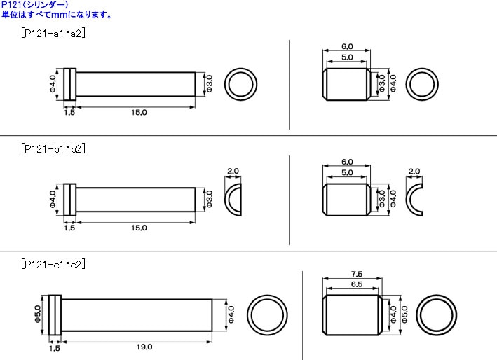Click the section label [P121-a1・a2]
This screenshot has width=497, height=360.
(x=53, y=34)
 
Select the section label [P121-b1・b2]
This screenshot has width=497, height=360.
(x=53, y=148)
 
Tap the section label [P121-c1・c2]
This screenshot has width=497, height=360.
(x=53, y=264)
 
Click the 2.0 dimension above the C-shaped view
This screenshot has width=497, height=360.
(x=414, y=171)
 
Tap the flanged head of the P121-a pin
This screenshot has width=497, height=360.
(x=69, y=85)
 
